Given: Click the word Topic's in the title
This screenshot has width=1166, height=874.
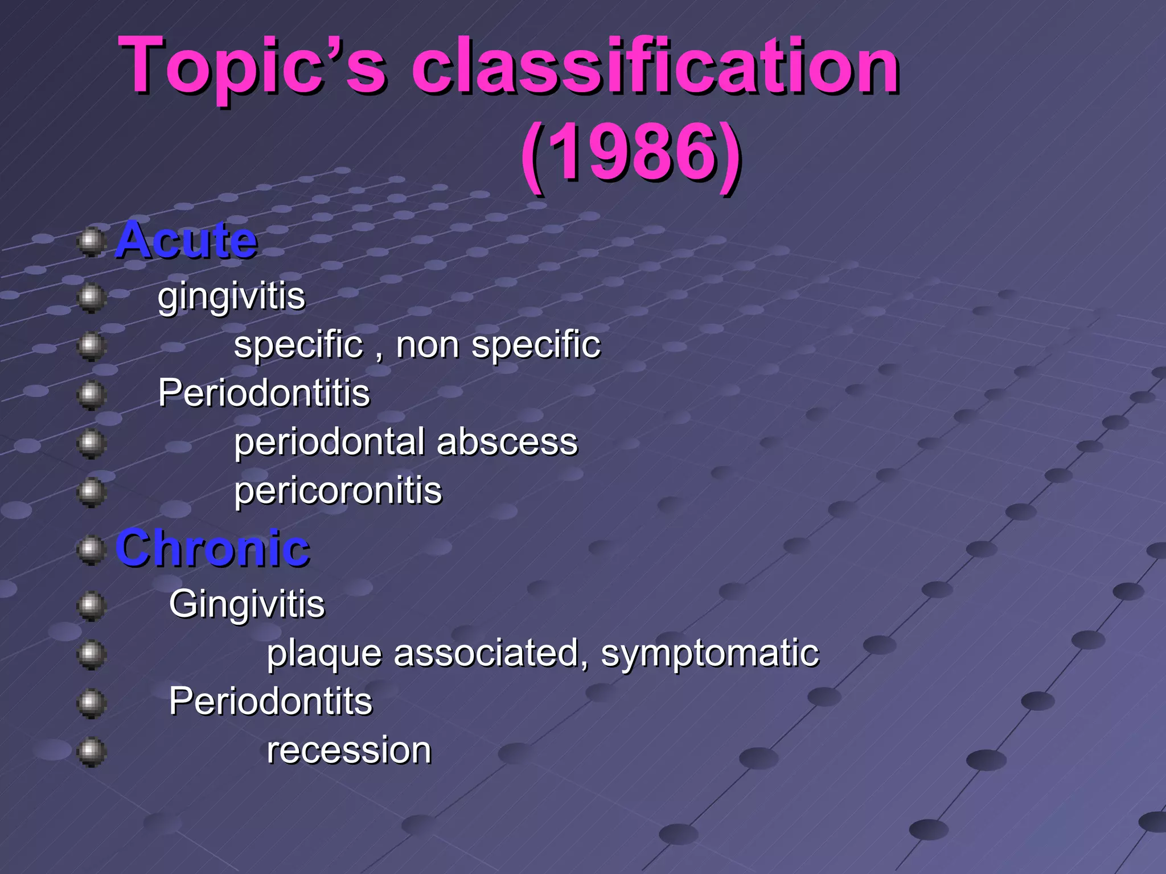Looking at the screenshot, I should click(x=253, y=67).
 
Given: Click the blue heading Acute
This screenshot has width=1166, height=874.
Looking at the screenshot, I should click(x=186, y=241).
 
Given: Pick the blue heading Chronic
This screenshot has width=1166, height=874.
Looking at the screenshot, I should click(x=212, y=548).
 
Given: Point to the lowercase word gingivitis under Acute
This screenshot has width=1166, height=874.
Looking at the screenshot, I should click(x=231, y=296).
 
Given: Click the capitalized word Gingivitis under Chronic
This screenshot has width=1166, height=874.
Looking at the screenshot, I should click(x=247, y=604).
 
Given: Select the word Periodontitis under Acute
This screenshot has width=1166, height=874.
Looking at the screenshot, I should click(x=264, y=393).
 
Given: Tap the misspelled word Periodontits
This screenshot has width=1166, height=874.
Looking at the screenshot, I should click(x=270, y=701).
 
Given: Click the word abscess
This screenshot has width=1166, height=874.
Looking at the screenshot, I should click(x=507, y=442).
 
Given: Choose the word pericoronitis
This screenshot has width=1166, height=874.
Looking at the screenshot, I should click(x=338, y=491).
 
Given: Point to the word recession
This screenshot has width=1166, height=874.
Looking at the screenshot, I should click(x=349, y=750).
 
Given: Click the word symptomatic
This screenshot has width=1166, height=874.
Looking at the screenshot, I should click(x=710, y=653).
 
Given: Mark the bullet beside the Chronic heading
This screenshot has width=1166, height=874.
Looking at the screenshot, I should click(x=91, y=550).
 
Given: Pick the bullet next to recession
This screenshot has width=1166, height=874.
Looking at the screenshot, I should click(x=91, y=752).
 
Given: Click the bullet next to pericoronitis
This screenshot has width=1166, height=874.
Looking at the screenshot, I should click(x=91, y=492).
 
